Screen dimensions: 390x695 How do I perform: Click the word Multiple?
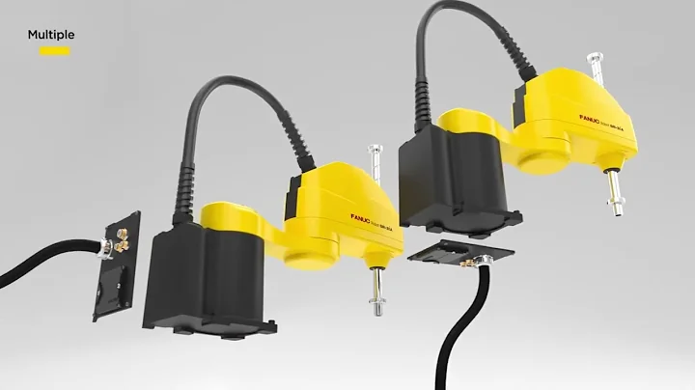(x=50, y=35)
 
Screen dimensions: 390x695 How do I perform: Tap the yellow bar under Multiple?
(x=54, y=51)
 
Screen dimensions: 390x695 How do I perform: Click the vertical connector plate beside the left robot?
(x=115, y=266)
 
